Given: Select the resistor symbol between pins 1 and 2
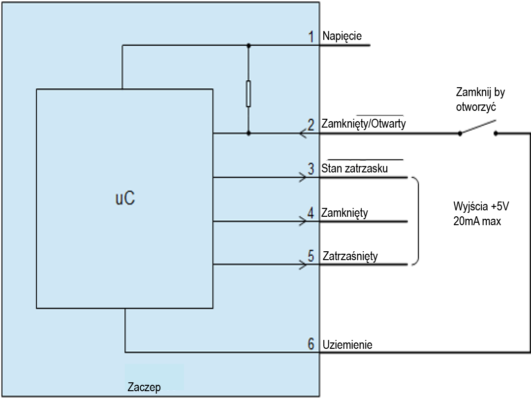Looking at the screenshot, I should click(249, 94).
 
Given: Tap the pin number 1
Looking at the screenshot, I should click(311, 36).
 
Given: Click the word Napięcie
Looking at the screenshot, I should click(342, 36).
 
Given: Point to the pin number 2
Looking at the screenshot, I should click(311, 125).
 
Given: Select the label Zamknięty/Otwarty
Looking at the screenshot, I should click(364, 124).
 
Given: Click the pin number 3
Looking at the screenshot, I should click(311, 168).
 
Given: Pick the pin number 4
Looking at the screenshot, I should click(311, 213).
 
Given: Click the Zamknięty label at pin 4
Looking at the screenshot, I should click(344, 213).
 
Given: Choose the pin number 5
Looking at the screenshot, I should click(311, 256).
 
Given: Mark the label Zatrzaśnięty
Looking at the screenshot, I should click(350, 257).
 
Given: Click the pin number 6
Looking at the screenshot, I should click(311, 344).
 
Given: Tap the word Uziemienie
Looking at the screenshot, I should click(347, 344).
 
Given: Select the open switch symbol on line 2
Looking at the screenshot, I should click(478, 129).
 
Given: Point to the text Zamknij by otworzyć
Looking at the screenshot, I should click(480, 99).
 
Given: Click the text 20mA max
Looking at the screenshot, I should click(477, 221).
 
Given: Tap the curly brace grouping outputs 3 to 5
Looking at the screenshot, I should click(417, 221).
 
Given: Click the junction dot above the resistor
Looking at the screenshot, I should click(249, 45).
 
